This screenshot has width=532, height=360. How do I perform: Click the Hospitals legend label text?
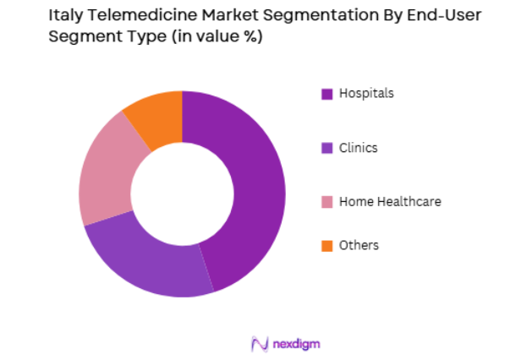[366, 93]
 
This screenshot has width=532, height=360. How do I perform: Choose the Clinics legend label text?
[358, 148]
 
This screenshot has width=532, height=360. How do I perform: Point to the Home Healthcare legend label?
[390, 201]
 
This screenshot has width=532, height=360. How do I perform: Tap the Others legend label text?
[359, 245]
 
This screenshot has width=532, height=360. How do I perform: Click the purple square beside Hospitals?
[326, 94]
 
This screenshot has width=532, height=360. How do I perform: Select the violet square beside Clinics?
[326, 148]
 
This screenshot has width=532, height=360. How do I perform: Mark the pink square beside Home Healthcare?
[326, 202]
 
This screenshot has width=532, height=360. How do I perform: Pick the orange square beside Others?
[326, 246]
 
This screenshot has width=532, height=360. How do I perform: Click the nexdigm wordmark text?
[297, 343]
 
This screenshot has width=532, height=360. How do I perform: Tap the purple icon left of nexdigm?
[260, 343]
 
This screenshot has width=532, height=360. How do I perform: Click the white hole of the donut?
[183, 194]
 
